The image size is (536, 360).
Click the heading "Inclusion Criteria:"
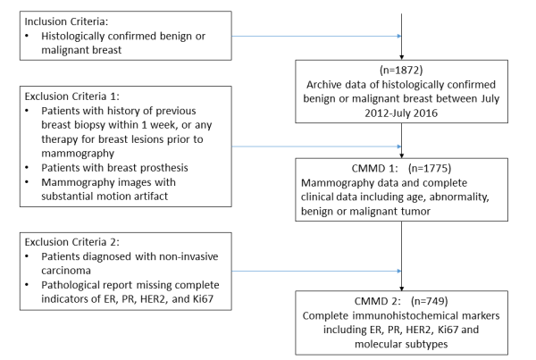click(x=66, y=21)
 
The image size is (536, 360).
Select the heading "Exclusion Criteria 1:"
click(x=72, y=96)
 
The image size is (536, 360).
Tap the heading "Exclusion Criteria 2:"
click(x=72, y=242)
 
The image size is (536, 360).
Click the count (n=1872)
click(x=401, y=70)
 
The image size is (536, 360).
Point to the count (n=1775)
click(x=430, y=168)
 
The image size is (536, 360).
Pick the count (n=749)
click(x=430, y=301)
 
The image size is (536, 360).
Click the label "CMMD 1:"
click(x=374, y=169)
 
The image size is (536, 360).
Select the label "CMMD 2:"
click(x=377, y=302)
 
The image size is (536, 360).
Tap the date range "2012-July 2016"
click(x=401, y=113)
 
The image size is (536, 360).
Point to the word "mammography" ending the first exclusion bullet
click(x=78, y=154)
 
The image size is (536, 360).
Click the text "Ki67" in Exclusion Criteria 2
click(x=203, y=298)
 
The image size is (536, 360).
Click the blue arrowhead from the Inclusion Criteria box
click(x=399, y=36)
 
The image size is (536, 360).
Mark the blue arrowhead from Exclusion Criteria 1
click(x=399, y=147)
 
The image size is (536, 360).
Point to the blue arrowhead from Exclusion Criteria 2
click(x=399, y=271)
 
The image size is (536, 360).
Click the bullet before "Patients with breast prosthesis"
click(x=27, y=168)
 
